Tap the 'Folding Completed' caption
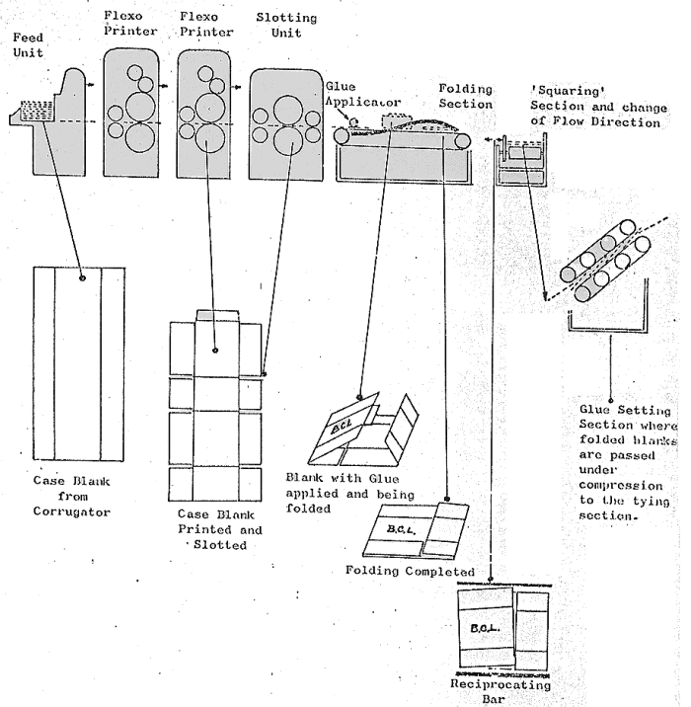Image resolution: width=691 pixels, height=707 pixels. (410, 571)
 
